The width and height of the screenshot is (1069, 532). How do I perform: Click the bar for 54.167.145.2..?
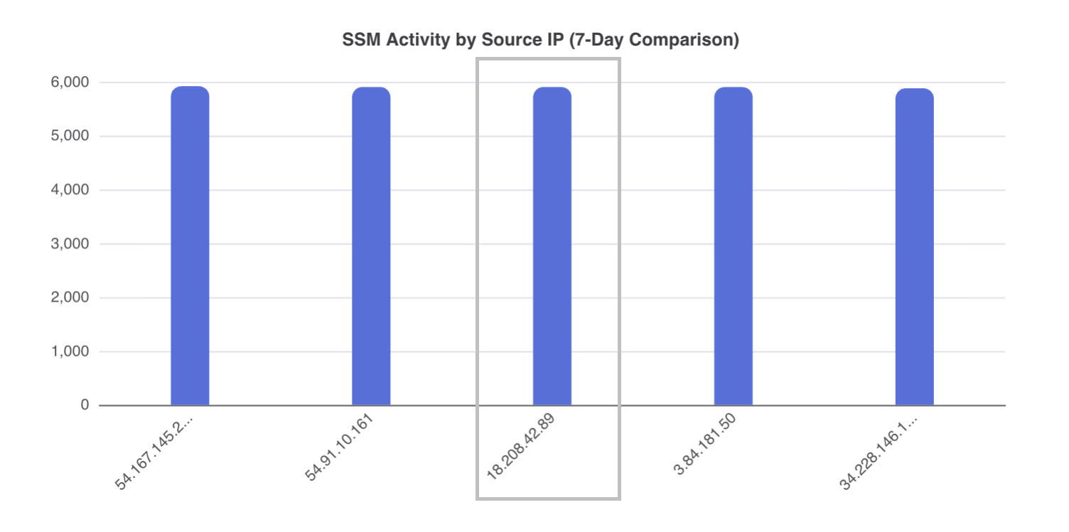coord(190,246)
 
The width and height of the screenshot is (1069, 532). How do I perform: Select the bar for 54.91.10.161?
coord(371,246)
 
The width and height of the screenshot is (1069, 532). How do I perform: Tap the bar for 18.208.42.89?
coord(552,246)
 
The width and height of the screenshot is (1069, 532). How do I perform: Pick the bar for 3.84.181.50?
coord(734,246)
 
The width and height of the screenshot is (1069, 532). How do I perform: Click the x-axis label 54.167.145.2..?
coord(154,451)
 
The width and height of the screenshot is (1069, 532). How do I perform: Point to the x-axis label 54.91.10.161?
coord(340,448)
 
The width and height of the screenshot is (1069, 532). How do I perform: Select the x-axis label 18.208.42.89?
coord(520,448)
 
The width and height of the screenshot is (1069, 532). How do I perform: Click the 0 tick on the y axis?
coord(85,405)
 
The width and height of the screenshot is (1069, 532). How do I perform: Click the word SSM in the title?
coord(357,41)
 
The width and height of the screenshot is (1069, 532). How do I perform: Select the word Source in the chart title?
coord(507,41)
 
